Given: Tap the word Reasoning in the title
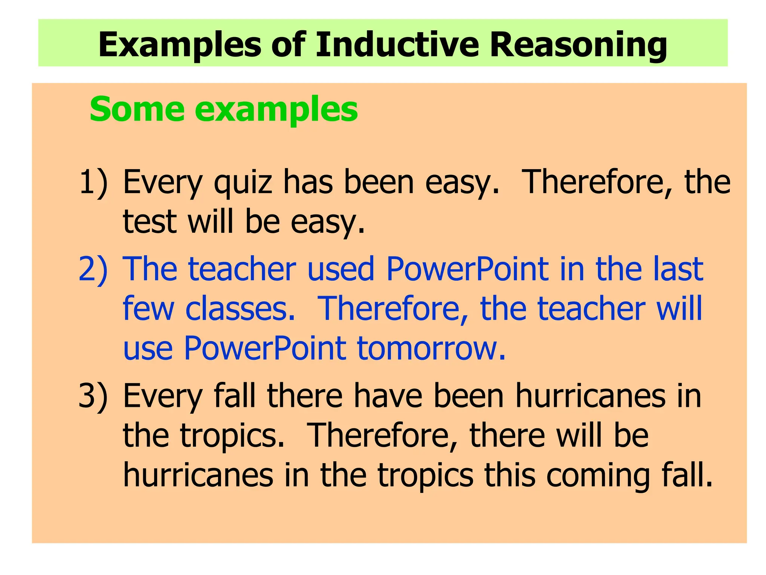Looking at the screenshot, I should click(578, 45).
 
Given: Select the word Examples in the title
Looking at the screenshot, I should click(179, 45).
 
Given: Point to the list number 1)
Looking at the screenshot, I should click(93, 182).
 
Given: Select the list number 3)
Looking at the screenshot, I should click(93, 396).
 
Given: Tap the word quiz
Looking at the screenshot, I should click(243, 183).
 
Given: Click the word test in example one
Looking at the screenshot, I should click(149, 221).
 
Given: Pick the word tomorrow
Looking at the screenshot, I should click(431, 348).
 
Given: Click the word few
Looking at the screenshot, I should click(148, 308).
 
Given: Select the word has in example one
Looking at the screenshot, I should click(308, 182).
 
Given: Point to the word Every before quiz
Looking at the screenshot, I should click(163, 183).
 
